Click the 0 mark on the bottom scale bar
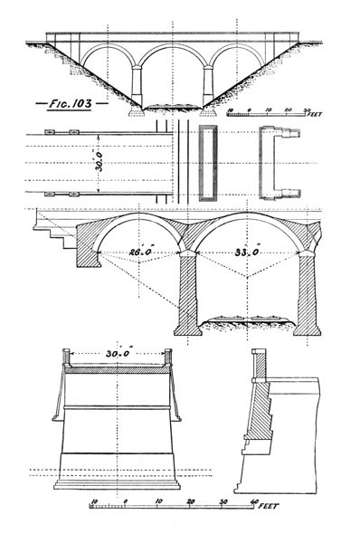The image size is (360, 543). tap(125, 500)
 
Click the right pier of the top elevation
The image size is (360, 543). tap(207, 87)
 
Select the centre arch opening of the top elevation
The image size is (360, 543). tap(172, 72)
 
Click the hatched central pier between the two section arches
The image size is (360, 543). tap(188, 294)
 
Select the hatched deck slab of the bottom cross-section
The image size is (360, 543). tap(117, 368)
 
